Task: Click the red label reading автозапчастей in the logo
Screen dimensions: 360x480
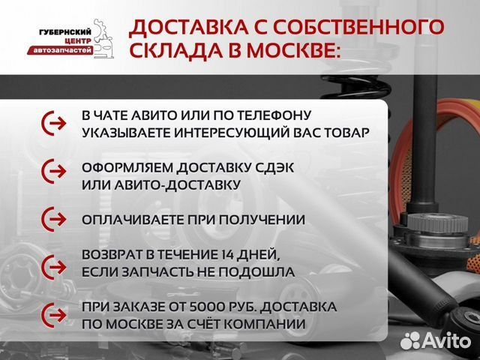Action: click(x=67, y=49)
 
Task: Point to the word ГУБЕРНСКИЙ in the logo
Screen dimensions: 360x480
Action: click(x=65, y=31)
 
